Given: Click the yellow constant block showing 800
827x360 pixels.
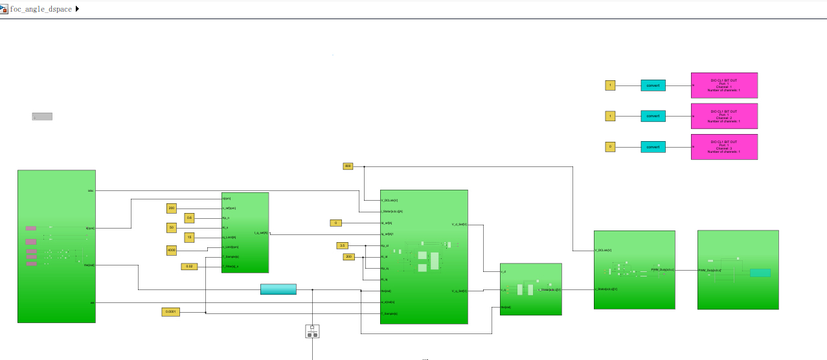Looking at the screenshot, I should point(348,166).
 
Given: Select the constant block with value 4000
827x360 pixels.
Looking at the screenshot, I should point(171,251).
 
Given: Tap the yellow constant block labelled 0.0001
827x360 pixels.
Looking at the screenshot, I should point(170,312).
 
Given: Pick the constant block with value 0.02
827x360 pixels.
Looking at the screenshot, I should point(189,266).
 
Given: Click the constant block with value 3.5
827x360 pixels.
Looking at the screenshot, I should point(342,245).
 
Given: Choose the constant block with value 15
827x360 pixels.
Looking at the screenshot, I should point(189,238).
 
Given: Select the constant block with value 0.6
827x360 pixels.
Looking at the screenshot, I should point(189,218).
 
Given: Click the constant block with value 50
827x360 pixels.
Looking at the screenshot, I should point(171,227).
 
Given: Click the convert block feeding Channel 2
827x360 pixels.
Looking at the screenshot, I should point(653,116).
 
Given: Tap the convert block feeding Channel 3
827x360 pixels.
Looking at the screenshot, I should point(653,147).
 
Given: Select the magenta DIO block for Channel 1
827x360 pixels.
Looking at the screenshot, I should point(724,85).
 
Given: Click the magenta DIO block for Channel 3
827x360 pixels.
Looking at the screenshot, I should point(724,147).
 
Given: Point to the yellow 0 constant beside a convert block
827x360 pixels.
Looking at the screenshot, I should point(610,147).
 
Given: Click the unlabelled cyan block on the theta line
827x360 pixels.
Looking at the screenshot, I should point(278,289).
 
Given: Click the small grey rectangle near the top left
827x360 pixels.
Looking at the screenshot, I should point(42,117).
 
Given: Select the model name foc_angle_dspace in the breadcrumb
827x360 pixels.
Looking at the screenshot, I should point(41,9).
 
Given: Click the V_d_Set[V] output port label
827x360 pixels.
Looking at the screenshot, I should point(459,225).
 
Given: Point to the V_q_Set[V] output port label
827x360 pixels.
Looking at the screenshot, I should point(459,291).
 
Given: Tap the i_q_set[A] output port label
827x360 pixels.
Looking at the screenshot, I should point(261,232).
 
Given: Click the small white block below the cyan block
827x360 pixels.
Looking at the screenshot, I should point(312,332).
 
